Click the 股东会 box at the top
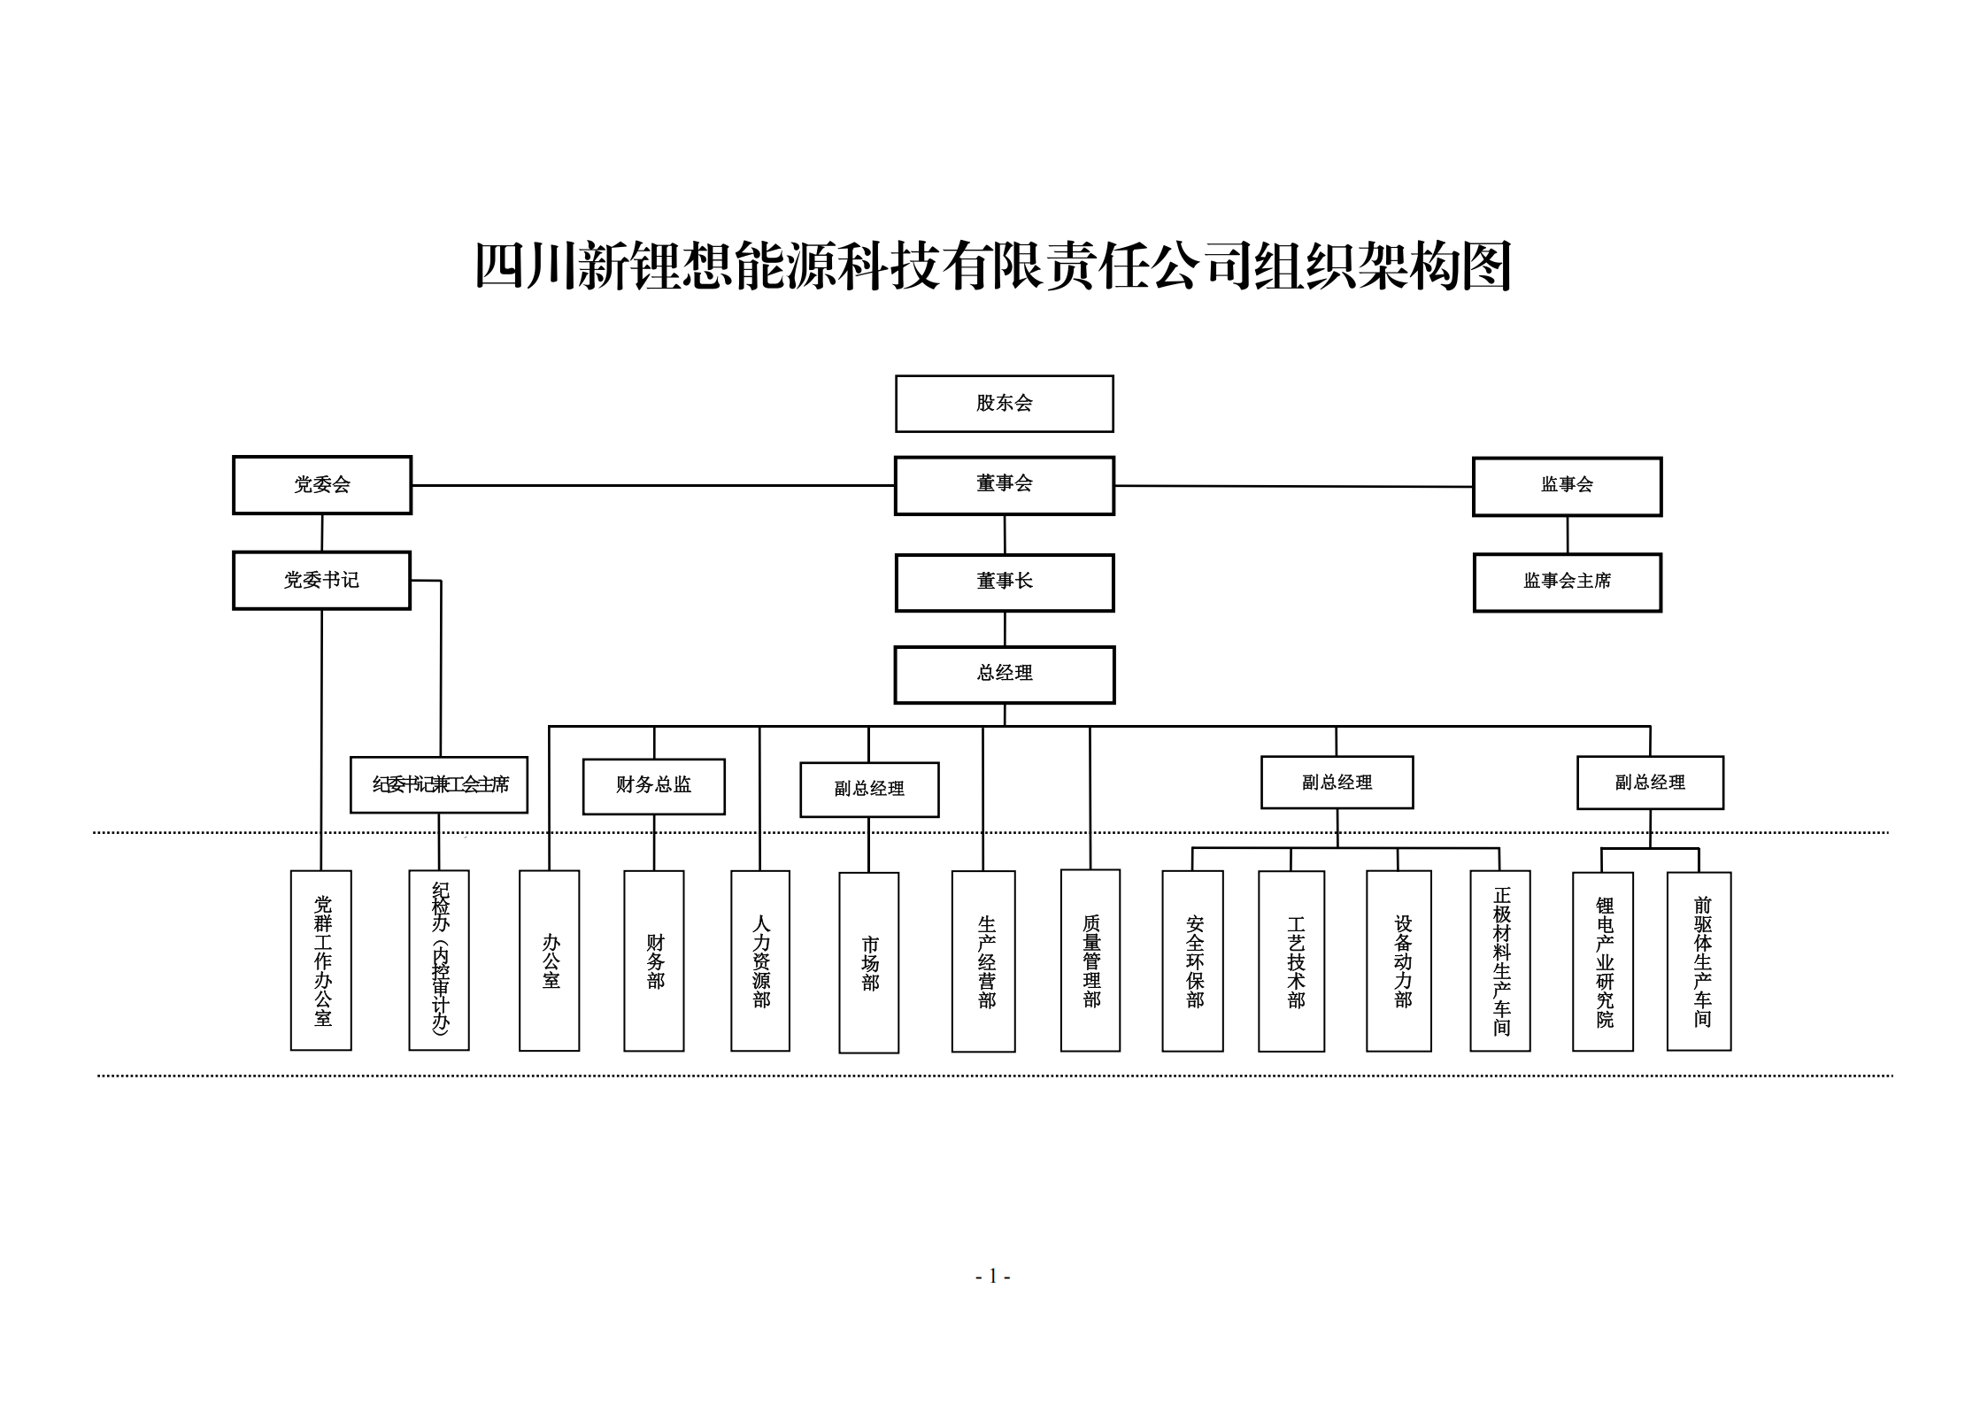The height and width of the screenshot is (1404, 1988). coord(1004,404)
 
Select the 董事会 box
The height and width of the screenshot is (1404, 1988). coord(1004,485)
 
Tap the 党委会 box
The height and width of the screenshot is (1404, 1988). coord(322,485)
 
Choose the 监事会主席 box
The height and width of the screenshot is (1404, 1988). coord(1567,582)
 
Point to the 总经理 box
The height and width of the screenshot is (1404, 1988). coord(1004,674)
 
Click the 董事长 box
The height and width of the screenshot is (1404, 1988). coord(1004,582)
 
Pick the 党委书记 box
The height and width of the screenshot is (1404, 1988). coord(322,581)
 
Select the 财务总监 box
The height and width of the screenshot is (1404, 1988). coord(653,785)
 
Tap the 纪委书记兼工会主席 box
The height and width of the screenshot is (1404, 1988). coord(439,784)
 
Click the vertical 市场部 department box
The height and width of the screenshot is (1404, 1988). coord(868,962)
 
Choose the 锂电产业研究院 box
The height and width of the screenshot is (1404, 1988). coord(1603,961)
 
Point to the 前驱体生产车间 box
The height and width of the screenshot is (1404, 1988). coord(1699,961)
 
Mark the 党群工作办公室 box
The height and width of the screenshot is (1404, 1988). coord(321,960)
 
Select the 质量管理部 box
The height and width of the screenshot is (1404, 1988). coord(1090,960)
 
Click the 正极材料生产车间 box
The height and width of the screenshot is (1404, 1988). coord(1500,960)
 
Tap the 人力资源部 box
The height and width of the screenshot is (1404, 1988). coord(760,960)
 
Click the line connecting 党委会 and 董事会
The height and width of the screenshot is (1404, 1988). coord(653,485)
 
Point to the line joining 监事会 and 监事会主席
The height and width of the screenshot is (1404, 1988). coord(1568,535)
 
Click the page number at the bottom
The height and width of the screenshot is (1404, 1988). coord(993,1276)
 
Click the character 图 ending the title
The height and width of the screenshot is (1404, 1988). coord(1485,266)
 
